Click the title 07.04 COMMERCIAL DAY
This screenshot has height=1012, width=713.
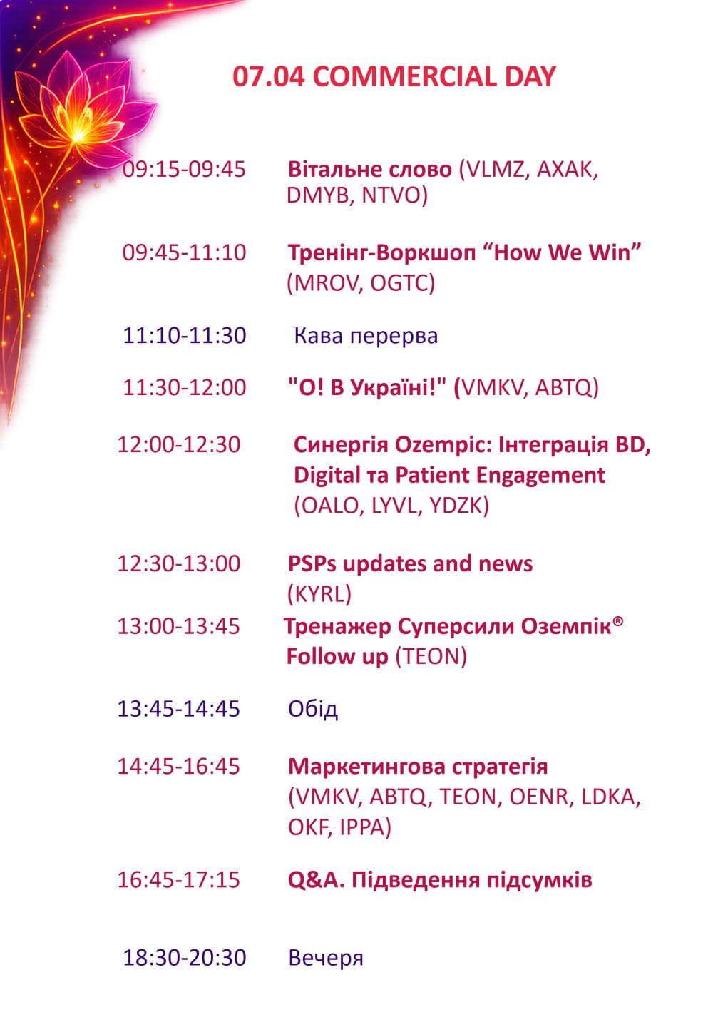[394, 76]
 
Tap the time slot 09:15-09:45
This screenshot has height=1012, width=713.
[184, 170]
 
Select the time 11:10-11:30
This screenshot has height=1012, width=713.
[185, 336]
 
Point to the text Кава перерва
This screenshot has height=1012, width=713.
[366, 336]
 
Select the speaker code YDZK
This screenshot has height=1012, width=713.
[456, 506]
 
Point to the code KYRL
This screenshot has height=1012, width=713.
[319, 594]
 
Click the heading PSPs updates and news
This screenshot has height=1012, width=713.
[410, 564]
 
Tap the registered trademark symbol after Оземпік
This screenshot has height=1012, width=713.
[618, 620]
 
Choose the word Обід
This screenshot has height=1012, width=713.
[313, 709]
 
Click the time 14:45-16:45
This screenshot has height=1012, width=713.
[178, 767]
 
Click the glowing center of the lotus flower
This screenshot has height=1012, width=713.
[78, 135]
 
